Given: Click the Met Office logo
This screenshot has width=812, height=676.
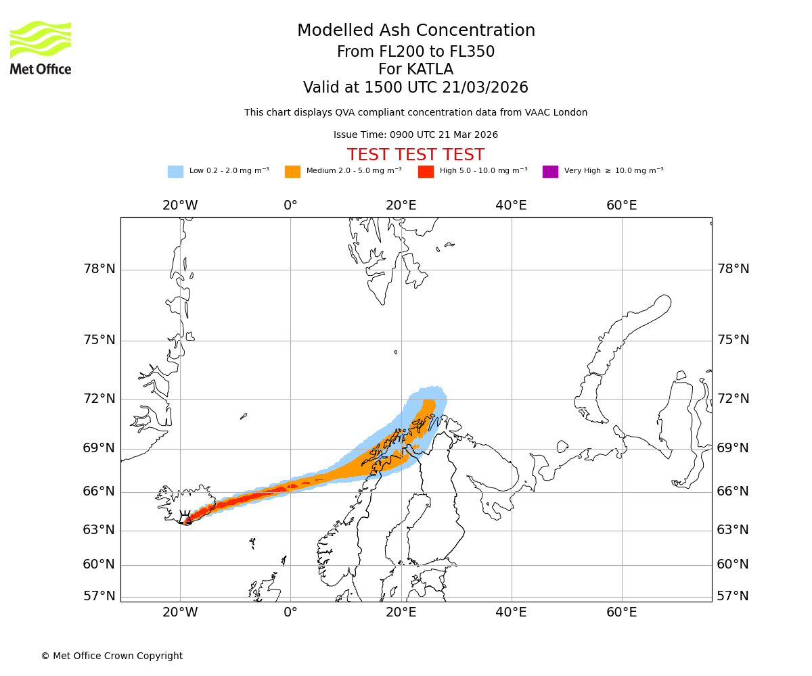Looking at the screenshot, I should click(41, 47).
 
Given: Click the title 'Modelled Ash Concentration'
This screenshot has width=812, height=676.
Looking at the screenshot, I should click(415, 30).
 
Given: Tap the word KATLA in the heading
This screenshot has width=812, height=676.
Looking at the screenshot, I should click(434, 70).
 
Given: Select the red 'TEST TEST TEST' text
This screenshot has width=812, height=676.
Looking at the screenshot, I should click(415, 155).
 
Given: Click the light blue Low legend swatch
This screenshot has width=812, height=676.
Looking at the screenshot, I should click(175, 172).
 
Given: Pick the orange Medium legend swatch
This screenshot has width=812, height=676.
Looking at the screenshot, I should click(292, 172).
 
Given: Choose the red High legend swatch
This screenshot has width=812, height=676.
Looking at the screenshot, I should click(426, 172).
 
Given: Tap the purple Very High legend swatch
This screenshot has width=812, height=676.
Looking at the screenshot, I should click(550, 172).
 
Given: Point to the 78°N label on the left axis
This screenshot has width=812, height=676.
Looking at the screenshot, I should click(99, 269).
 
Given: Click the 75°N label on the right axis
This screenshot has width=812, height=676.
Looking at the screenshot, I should click(733, 340).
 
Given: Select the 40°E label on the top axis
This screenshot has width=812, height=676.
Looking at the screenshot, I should click(511, 206).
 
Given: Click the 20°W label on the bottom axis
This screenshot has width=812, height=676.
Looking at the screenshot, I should click(180, 612).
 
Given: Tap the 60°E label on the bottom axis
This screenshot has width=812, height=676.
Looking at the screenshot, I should click(621, 612).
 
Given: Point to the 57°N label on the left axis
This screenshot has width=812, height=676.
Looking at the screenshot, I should click(99, 596).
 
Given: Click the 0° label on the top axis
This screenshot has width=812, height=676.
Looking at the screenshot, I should click(290, 206).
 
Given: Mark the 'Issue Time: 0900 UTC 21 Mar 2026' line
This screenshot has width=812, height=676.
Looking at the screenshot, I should click(415, 135).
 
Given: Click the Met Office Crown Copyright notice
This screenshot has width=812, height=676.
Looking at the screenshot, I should click(112, 656).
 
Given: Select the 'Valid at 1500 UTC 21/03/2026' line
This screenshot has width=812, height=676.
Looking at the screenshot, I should click(415, 88).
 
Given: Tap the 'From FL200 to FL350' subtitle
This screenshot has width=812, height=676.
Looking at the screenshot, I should click(415, 52).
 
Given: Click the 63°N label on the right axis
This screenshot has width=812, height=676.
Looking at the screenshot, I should click(733, 530).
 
